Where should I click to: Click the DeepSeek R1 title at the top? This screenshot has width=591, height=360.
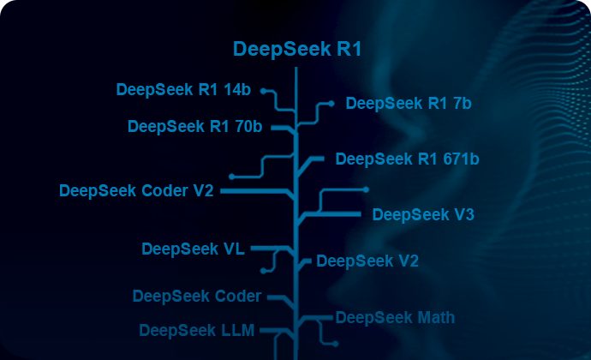click(296, 50)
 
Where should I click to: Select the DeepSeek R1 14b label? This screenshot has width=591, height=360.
click(185, 89)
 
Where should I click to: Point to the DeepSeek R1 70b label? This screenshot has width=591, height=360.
click(194, 127)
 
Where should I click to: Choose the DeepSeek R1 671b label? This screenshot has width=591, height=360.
click(407, 159)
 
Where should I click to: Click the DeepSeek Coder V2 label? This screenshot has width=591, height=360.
click(136, 190)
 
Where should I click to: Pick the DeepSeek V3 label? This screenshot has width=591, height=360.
click(423, 214)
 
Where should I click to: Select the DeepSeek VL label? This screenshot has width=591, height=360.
click(193, 249)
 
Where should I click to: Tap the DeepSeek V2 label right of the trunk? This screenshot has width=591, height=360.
click(367, 261)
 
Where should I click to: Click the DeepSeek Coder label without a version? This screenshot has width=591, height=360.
click(196, 297)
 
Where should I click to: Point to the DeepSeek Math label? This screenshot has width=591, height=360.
click(395, 318)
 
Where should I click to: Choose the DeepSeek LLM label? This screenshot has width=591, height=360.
click(196, 330)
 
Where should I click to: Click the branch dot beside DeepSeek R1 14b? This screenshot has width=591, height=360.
click(264, 89)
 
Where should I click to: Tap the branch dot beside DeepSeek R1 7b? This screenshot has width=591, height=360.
click(331, 104)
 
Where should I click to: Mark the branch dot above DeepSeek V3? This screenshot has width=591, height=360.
click(366, 189)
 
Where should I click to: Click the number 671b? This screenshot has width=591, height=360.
click(460, 159)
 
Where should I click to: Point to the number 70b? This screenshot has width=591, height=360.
click(248, 127)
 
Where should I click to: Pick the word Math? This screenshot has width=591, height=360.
click(435, 318)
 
